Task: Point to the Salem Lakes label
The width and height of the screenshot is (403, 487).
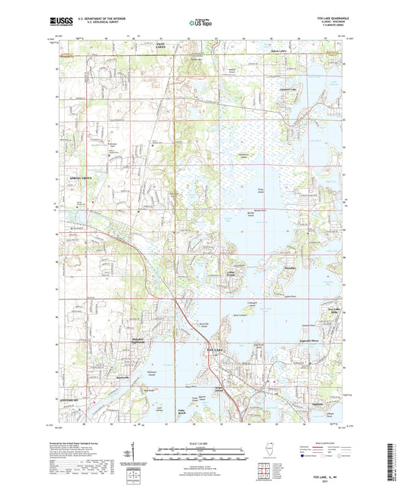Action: tap(281, 50)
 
